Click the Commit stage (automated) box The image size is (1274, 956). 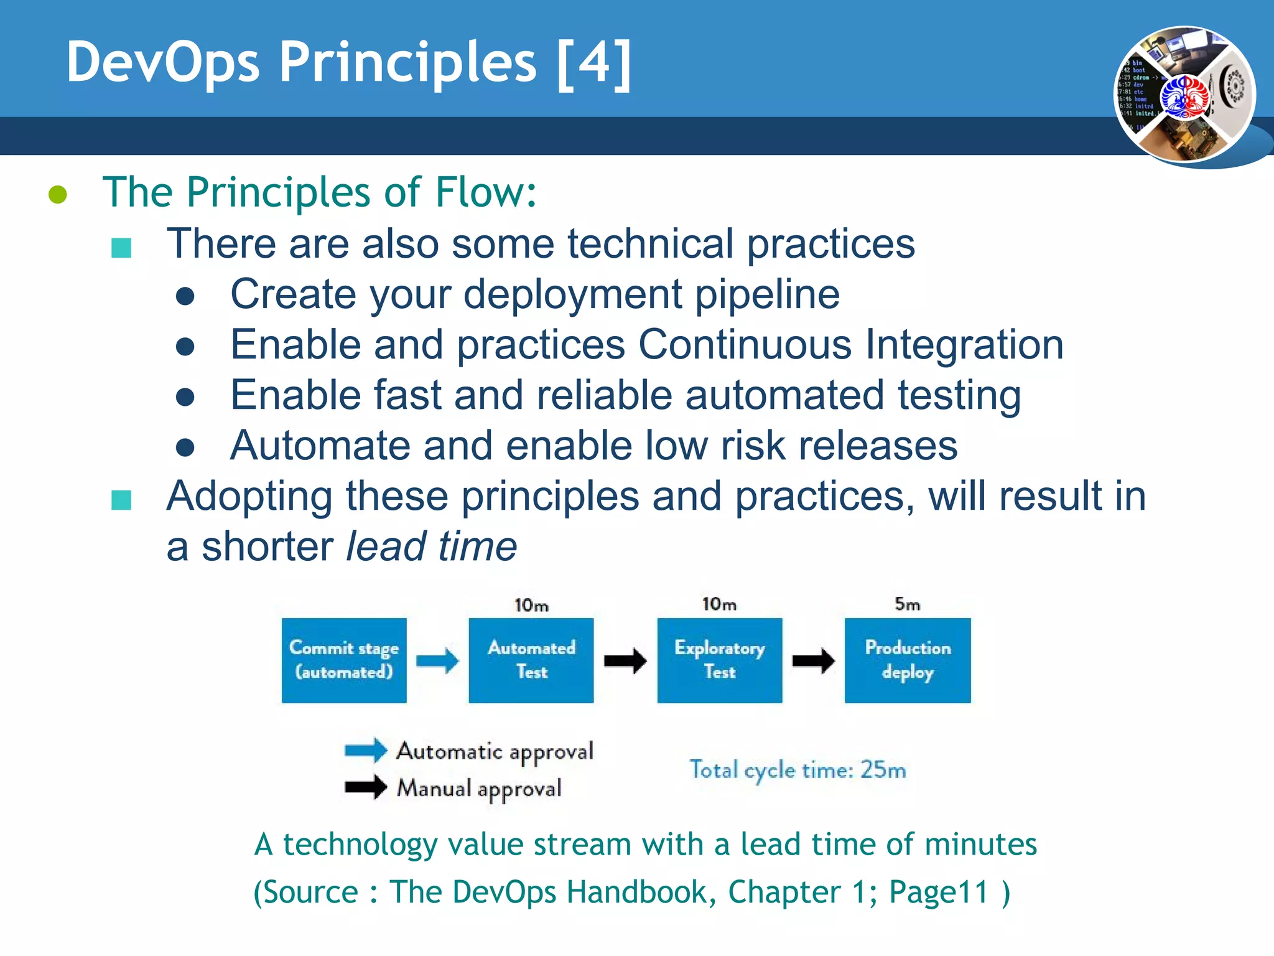(x=344, y=660)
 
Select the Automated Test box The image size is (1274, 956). (x=531, y=660)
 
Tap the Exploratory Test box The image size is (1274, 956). (x=719, y=660)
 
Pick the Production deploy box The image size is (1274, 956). (x=907, y=660)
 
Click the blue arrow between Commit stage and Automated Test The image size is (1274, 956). (x=437, y=660)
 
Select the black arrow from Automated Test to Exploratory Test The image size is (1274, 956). (x=625, y=660)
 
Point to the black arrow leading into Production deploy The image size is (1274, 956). (x=813, y=660)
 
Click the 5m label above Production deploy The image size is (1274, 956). (x=907, y=604)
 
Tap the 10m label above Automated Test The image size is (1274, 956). (x=531, y=605)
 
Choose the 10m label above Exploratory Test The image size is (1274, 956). (x=719, y=604)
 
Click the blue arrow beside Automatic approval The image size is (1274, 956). (x=366, y=750)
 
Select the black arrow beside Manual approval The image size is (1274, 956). (x=366, y=787)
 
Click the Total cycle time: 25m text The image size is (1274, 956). (x=797, y=770)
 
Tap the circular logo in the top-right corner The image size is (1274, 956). (x=1184, y=95)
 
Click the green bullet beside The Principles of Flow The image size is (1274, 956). (x=58, y=194)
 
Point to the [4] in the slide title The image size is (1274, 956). (x=594, y=62)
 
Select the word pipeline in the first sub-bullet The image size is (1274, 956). (x=766, y=294)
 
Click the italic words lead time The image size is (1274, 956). (x=431, y=546)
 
